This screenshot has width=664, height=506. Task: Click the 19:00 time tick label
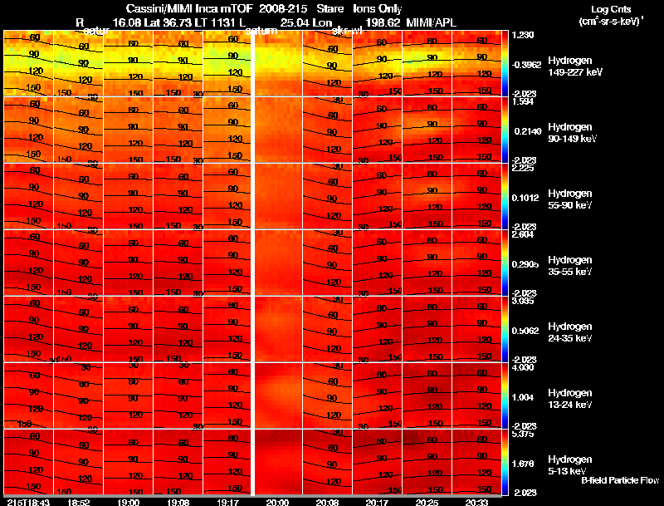(x=129, y=502)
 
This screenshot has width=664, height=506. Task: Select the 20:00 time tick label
(x=277, y=502)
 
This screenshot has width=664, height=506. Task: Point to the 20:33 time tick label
(x=476, y=502)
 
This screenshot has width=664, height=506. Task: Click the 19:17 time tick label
(x=227, y=502)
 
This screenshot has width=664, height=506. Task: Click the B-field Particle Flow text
(x=620, y=480)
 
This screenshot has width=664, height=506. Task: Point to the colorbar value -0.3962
(x=529, y=63)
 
